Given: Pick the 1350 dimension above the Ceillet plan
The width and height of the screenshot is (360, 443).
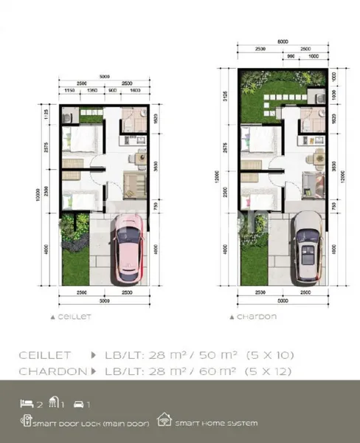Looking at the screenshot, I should [x=93, y=90].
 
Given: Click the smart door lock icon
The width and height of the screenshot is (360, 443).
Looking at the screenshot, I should [x=27, y=423].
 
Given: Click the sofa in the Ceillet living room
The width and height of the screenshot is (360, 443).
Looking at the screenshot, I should [x=135, y=185].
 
